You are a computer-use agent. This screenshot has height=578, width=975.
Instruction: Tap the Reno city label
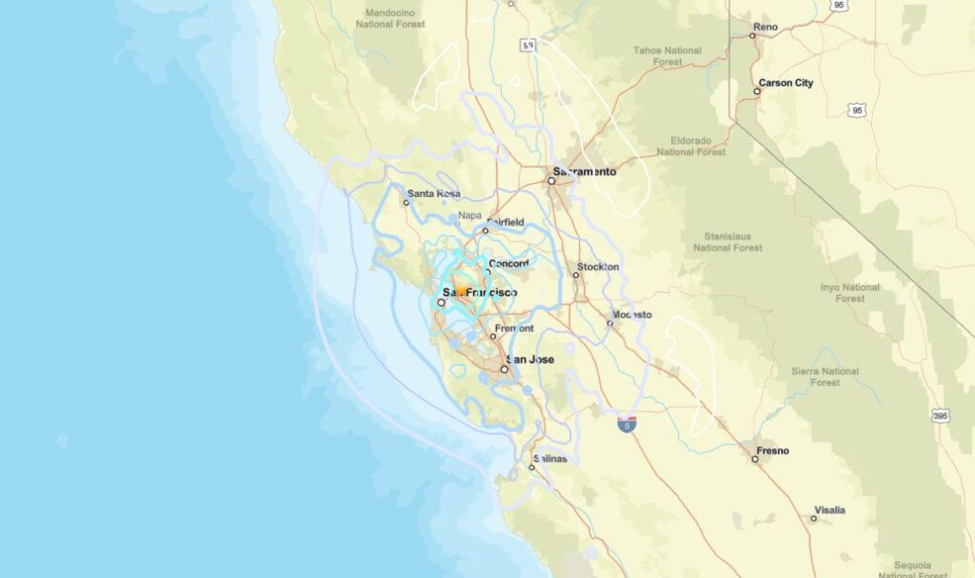coord(766,27)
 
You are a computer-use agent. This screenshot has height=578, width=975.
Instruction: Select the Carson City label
coord(786,83)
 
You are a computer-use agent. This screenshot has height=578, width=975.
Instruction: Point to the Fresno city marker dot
coord(755,459)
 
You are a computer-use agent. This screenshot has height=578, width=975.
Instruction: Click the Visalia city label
coord(828,510)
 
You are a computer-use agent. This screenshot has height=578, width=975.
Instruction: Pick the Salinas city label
coord(549,458)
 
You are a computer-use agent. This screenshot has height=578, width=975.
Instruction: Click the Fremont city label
coord(513,329)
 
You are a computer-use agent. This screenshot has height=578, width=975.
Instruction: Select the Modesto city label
coord(632,314)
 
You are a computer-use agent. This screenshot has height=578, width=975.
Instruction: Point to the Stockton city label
coord(598,267)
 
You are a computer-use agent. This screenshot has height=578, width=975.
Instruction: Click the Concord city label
coord(508,264)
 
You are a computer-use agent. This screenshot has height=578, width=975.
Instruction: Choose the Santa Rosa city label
coord(434,193)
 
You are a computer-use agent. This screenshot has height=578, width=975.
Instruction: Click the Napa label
coord(469,216)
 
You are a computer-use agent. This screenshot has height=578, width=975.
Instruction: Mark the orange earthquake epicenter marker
coord(460,291)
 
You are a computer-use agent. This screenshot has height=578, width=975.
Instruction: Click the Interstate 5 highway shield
coord(627,425)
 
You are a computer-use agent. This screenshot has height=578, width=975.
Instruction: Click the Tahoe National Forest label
coord(667,55)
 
